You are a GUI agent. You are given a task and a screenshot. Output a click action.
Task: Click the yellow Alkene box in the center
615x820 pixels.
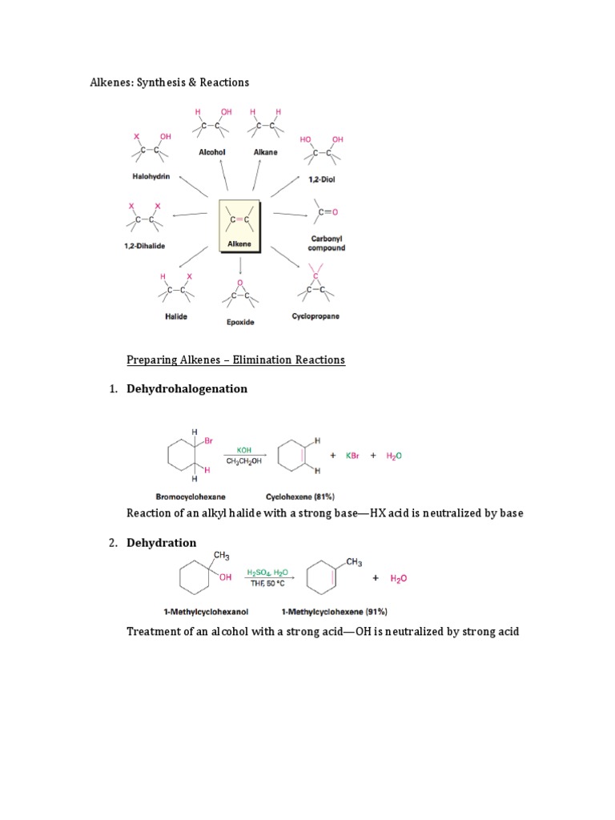(x=239, y=227)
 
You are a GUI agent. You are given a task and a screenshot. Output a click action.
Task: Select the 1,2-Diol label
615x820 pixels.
(x=321, y=179)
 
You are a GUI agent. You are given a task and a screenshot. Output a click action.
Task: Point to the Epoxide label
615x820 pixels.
(x=240, y=322)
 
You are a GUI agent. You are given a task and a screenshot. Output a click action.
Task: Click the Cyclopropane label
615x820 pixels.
(x=316, y=316)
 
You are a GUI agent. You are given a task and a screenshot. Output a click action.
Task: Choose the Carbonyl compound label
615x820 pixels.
(x=327, y=243)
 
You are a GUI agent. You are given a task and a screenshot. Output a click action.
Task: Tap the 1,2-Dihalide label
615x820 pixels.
(x=144, y=246)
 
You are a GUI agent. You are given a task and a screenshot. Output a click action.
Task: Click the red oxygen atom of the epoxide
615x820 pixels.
(x=240, y=281)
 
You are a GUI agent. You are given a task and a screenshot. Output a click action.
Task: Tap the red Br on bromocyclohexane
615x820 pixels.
(x=207, y=441)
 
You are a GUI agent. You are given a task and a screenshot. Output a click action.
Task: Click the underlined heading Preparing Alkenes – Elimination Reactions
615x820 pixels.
(x=235, y=360)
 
